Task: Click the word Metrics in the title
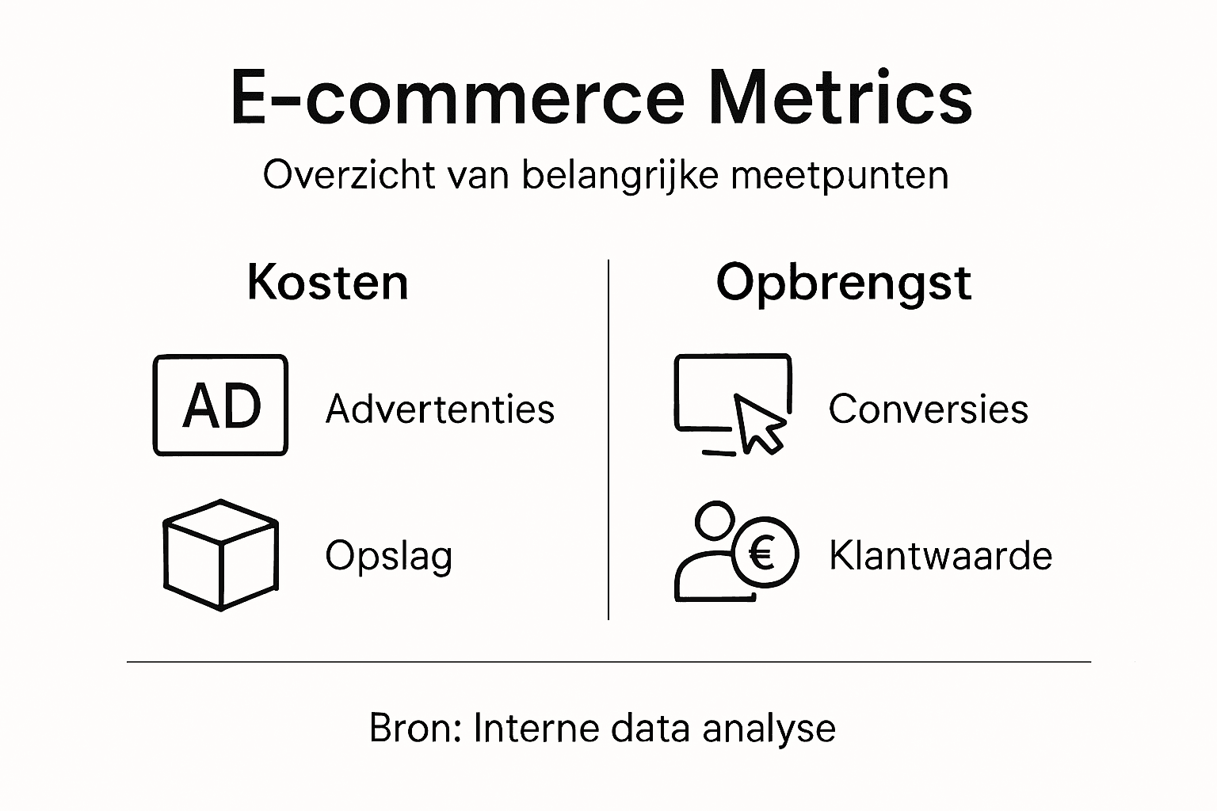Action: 840,97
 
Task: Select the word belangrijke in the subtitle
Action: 620,175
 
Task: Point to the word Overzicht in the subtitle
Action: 349,175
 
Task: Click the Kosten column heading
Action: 327,282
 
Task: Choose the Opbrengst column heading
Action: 843,284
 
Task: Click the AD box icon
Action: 220,405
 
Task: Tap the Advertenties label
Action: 440,409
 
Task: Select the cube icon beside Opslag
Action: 220,554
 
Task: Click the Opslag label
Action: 388,556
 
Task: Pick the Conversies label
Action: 928,409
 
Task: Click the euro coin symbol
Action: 763,553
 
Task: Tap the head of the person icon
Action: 715,521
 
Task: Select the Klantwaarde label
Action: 940,555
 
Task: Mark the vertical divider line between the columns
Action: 608,440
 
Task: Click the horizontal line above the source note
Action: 608,661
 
